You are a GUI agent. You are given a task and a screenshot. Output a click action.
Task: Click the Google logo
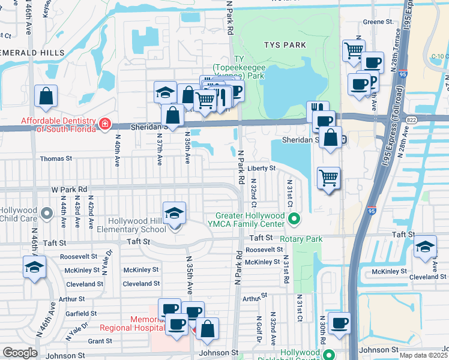tap(20, 353)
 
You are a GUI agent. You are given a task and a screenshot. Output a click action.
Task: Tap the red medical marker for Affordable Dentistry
tap(105, 124)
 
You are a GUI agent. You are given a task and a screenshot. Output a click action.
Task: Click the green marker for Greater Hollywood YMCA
tap(294, 220)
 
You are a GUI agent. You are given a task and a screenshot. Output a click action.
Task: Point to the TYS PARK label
tap(285, 45)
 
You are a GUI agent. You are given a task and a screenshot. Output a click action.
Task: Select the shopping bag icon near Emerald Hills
tap(46, 96)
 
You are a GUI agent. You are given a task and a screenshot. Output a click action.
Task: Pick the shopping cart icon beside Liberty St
tap(328, 178)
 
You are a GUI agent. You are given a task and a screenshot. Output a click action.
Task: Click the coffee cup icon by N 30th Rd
tap(339, 323)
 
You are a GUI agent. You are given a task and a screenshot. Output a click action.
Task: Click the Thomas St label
tap(56, 159)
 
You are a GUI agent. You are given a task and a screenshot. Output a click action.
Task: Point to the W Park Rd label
tap(69, 190)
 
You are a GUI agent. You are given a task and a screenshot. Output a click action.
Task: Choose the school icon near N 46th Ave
tap(34, 267)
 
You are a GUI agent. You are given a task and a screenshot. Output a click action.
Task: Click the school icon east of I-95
tap(425, 247)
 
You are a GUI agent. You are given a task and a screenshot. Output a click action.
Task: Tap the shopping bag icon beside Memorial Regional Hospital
tap(207, 329)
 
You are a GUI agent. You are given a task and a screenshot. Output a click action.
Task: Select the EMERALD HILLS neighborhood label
tap(32, 53)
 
